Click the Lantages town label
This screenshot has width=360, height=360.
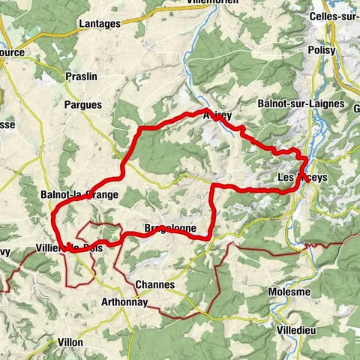100,24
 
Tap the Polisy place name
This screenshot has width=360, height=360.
321,50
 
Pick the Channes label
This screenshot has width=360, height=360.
155,285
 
